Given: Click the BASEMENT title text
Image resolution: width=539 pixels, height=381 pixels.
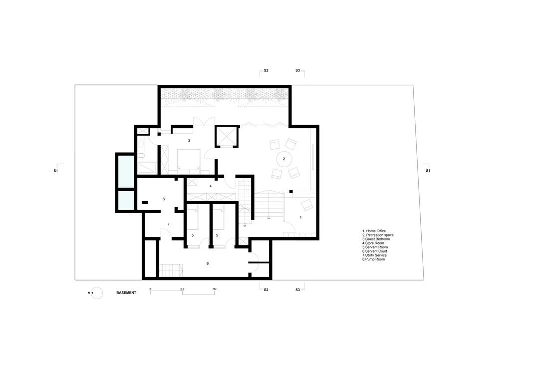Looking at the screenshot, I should pos(126,293).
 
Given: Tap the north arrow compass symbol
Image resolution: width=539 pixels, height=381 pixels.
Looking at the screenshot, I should pos(96,293).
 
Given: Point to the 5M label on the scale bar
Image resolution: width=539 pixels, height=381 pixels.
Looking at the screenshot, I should pos(215,289).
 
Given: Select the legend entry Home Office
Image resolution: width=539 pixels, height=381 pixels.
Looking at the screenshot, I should pos(375,231).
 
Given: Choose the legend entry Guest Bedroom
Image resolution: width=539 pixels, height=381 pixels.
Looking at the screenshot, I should pos(376,239).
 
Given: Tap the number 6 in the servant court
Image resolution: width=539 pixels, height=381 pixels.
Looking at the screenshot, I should pos(207,263).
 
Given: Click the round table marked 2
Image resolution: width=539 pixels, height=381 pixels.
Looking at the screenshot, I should pos(283,159).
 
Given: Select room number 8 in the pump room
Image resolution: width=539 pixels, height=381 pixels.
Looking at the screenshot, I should pos(163,199).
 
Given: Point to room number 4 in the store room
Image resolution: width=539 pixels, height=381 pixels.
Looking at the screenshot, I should pos(210,186).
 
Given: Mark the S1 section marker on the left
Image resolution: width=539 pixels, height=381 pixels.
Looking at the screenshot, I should pos(56,171).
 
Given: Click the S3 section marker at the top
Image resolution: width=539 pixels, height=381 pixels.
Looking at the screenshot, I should pos(297,71).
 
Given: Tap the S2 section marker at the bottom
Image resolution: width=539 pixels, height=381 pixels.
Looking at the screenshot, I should pos(266,290).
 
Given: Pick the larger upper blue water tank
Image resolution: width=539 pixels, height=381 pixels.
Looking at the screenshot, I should pos(125,170).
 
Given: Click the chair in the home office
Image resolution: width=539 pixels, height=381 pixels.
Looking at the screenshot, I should pos(307,204).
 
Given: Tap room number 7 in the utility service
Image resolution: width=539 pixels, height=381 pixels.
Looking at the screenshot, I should pos(168,224).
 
